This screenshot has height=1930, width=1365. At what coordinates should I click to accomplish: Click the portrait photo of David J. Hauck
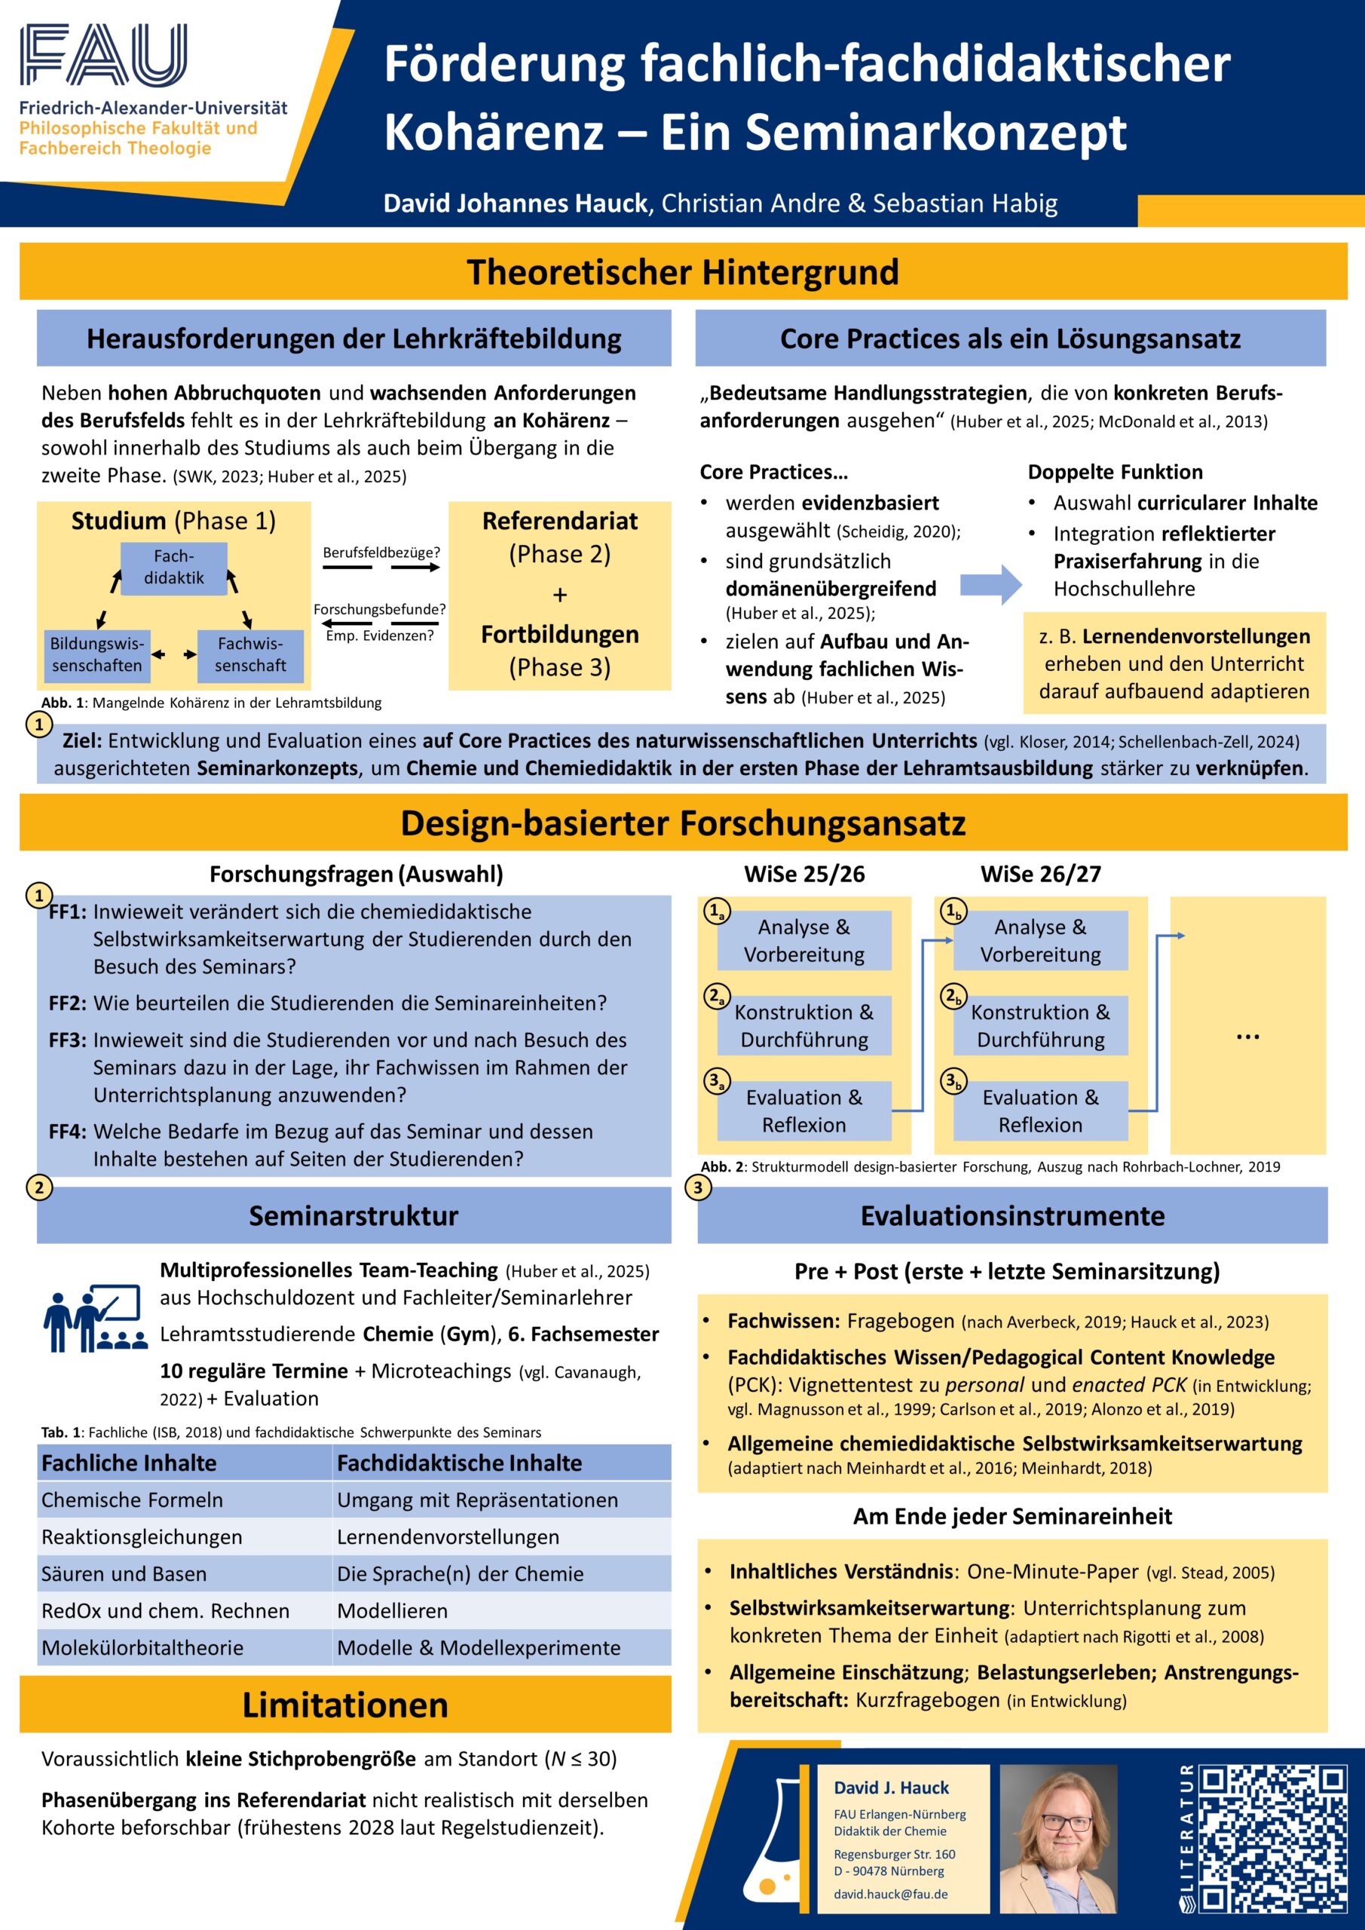1059,1840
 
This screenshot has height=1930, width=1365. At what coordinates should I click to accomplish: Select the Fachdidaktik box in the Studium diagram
174,568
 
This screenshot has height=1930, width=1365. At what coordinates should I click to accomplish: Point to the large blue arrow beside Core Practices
991,584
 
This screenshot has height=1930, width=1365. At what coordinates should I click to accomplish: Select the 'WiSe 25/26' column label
804,875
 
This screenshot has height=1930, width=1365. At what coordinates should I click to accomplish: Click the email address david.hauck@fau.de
890,1894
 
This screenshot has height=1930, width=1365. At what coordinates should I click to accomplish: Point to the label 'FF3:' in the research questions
68,1040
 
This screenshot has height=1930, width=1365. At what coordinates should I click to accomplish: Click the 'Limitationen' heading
345,1705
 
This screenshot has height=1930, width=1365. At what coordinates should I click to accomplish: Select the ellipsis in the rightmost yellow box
1248,1037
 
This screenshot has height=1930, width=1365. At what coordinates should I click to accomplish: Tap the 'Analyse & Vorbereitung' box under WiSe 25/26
803,941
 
